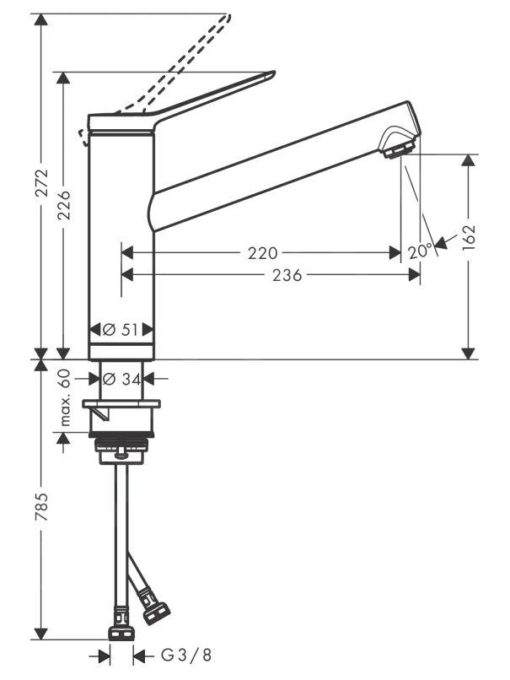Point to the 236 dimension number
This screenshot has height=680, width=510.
pyautogui.click(x=287, y=274)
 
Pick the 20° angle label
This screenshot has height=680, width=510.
pyautogui.click(x=419, y=251)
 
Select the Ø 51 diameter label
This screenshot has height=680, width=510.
pyautogui.click(x=122, y=330)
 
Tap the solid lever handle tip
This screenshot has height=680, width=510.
pyautogui.click(x=268, y=75)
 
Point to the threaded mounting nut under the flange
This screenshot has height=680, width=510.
pyautogui.click(x=121, y=440)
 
